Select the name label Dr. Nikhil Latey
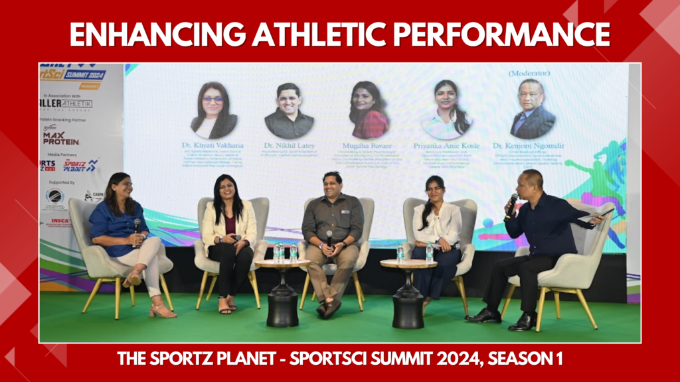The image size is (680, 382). pyautogui.click(x=289, y=145)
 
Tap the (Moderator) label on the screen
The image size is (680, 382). pyautogui.click(x=531, y=73)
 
